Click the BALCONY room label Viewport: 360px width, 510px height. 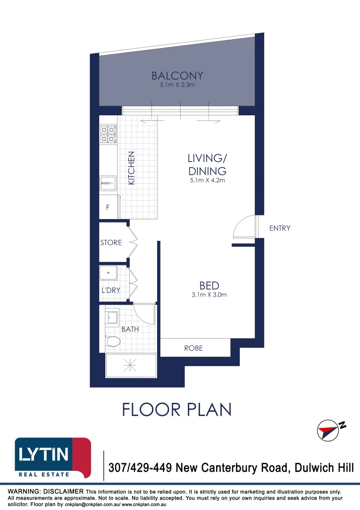point(177,76)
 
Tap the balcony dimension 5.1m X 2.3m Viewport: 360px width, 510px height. point(177,86)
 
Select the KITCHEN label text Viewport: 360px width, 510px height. point(132,168)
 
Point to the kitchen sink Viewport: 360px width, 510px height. point(108,182)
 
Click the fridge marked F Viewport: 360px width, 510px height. point(108,207)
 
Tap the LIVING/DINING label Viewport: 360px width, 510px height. point(207,164)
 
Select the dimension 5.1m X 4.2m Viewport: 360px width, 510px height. point(207,180)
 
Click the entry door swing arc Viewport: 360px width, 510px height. point(243,226)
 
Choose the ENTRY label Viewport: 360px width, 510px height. point(279,228)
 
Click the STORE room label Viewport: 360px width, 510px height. point(111,243)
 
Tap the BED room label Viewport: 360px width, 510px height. point(209,286)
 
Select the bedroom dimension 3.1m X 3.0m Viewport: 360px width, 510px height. point(209,295)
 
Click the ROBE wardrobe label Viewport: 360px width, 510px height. point(193,348)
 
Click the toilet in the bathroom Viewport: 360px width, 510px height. point(112,340)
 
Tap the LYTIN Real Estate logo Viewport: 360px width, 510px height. point(52,458)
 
